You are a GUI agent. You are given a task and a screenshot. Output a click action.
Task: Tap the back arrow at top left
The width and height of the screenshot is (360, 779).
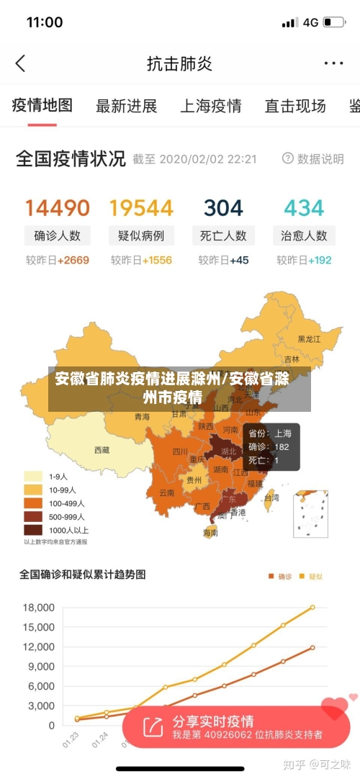[20, 63]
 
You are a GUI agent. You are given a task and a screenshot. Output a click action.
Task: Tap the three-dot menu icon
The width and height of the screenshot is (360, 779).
[333, 63]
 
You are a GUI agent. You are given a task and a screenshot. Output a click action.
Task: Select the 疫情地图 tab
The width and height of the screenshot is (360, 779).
[42, 106]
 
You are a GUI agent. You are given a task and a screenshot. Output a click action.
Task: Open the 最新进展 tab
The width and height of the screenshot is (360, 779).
[126, 107]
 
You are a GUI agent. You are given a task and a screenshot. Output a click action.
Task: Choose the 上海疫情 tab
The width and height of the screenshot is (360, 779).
[210, 107]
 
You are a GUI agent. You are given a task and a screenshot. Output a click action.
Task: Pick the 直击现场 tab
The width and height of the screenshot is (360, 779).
[294, 107]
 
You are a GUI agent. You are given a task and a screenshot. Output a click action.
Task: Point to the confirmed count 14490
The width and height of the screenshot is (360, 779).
[58, 208]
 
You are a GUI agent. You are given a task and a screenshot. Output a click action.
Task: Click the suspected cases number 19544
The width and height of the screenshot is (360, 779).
[141, 208]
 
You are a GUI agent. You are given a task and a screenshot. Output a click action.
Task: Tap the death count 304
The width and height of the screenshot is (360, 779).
[223, 208]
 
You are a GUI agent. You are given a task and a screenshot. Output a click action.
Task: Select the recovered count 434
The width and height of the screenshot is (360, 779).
[304, 208]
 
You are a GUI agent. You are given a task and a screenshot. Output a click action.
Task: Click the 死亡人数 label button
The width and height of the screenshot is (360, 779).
[223, 235]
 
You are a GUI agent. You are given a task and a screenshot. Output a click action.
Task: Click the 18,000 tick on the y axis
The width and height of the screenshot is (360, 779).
[39, 608]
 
